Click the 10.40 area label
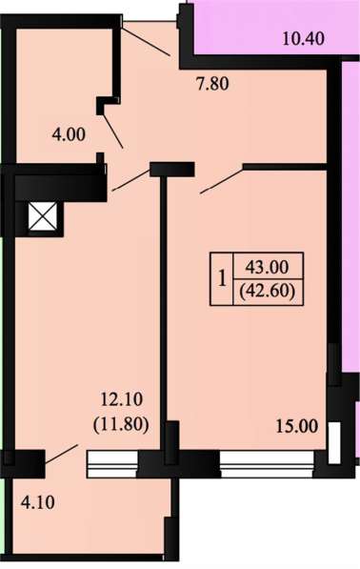click(x=303, y=38)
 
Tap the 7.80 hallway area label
click(x=212, y=84)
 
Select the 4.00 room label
click(x=69, y=135)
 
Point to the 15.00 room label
click(x=297, y=426)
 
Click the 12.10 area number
click(x=122, y=400)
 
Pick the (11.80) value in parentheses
click(x=121, y=424)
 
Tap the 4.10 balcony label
click(x=38, y=503)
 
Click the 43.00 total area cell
click(x=268, y=267)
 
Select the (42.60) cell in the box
click(x=268, y=292)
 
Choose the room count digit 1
click(x=222, y=279)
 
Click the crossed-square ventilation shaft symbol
click(x=43, y=216)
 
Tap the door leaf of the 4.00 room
click(x=112, y=131)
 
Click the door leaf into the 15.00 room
click(x=222, y=180)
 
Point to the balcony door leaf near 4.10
click(x=61, y=454)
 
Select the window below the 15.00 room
click(x=268, y=464)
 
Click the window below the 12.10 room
click(x=112, y=464)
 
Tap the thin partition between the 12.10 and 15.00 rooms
click(x=164, y=298)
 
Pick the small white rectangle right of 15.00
click(x=334, y=443)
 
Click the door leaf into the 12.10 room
click(x=131, y=179)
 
